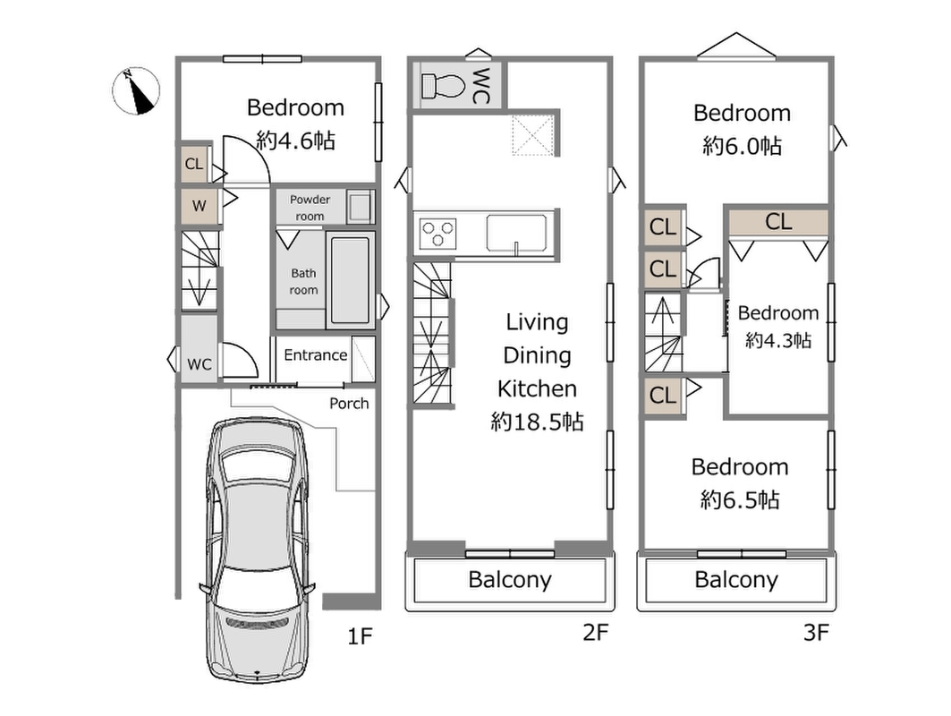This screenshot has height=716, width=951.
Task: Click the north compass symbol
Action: pyautogui.click(x=137, y=91)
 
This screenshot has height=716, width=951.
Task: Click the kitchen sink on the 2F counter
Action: pyautogui.click(x=515, y=233)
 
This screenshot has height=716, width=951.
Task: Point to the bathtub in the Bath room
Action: pyautogui.click(x=350, y=280)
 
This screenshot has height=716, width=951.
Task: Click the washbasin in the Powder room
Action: pyautogui.click(x=359, y=207)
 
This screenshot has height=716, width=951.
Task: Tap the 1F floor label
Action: pyautogui.click(x=359, y=636)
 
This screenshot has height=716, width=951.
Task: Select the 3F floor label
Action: pyautogui.click(x=816, y=632)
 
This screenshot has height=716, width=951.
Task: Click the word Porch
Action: pyautogui.click(x=349, y=404)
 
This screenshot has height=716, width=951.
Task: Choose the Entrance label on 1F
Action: pyautogui.click(x=316, y=355)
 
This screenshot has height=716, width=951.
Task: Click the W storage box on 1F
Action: pyautogui.click(x=199, y=207)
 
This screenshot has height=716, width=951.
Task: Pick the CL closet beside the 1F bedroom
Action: pyautogui.click(x=194, y=164)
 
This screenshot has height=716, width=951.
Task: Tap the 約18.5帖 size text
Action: pyautogui.click(x=538, y=422)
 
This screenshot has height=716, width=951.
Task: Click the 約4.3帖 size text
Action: pyautogui.click(x=778, y=340)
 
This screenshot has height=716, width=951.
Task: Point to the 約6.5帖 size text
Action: pyautogui.click(x=740, y=500)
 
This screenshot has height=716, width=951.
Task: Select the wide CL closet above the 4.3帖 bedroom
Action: pyautogui.click(x=778, y=222)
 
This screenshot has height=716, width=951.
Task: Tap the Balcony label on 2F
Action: pyautogui.click(x=509, y=579)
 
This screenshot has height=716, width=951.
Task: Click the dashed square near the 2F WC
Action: pyautogui.click(x=532, y=135)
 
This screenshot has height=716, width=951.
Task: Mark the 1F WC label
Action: pyautogui.click(x=199, y=364)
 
